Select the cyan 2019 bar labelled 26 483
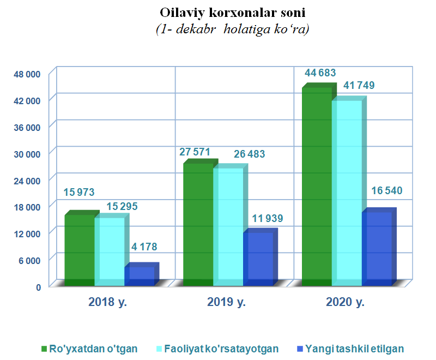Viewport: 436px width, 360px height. pyautogui.click(x=228, y=226)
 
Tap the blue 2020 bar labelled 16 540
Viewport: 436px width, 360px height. pyautogui.click(x=377, y=248)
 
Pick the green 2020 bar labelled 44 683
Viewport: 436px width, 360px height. pyautogui.click(x=317, y=185)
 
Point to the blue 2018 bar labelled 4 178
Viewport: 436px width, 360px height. pyautogui.click(x=140, y=276)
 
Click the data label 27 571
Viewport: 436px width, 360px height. pyautogui.click(x=195, y=152)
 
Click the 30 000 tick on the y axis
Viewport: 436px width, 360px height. pyautogui.click(x=28, y=154)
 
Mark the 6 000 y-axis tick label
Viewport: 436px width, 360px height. pyautogui.click(x=30, y=260)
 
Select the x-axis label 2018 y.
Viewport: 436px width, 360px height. pyautogui.click(x=107, y=302)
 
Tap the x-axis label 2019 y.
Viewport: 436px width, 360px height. pyautogui.click(x=226, y=302)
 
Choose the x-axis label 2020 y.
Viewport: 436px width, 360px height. pyautogui.click(x=345, y=302)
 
